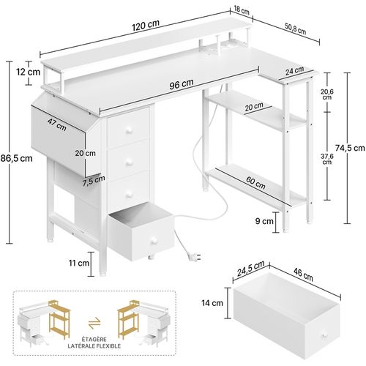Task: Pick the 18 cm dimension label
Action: pyautogui.click(x=241, y=12)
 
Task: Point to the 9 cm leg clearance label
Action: pyautogui.click(x=264, y=219)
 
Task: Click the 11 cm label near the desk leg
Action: pyautogui.click(x=81, y=262)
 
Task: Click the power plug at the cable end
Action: pyautogui.click(x=193, y=255)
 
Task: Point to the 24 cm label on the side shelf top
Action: pyautogui.click(x=295, y=71)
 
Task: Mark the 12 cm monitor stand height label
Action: pyautogui.click(x=29, y=72)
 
